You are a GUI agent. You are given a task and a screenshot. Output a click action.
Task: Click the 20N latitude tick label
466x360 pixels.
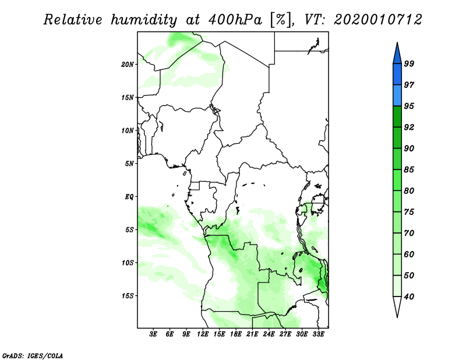[x=128, y=65]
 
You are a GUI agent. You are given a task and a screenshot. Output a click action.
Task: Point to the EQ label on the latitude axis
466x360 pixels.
[x=129, y=197]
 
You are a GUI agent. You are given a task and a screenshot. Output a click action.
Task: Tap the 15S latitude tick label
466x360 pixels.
[x=128, y=296]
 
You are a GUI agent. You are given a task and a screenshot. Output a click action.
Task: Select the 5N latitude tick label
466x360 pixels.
[x=129, y=164]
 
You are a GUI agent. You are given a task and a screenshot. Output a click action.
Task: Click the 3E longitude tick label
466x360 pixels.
[x=153, y=334]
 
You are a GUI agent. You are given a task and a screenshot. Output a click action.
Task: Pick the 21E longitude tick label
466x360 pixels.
[x=252, y=334]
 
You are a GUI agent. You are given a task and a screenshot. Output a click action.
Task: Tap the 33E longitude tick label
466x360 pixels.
[x=318, y=334]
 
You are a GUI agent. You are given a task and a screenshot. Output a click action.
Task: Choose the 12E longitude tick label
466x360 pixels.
[x=202, y=334]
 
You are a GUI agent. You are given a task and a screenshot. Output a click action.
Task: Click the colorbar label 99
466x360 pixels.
[x=409, y=63]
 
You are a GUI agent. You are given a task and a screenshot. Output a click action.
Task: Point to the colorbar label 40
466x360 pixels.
[x=409, y=297]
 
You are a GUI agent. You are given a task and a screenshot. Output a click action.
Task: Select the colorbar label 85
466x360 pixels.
[x=409, y=170]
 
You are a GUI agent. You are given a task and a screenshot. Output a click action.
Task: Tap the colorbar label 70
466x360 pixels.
[x=409, y=233]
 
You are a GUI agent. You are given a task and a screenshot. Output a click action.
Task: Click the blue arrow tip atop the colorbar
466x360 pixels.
[x=397, y=43]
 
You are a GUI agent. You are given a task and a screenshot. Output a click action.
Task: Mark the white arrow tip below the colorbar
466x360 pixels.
[x=397, y=317]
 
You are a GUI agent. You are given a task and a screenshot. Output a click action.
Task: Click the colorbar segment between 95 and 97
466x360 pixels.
[x=397, y=96]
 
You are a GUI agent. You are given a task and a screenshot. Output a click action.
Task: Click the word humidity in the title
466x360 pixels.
[x=144, y=20]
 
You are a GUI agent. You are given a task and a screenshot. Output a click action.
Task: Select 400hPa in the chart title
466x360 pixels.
[x=235, y=20]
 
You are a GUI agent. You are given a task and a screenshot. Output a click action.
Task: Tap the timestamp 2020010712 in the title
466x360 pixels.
[x=377, y=20]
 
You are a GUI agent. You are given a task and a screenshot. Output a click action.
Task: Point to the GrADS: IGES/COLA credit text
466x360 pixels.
[x=33, y=355]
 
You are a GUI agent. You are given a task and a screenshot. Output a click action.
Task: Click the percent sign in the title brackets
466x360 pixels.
[x=281, y=20]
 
